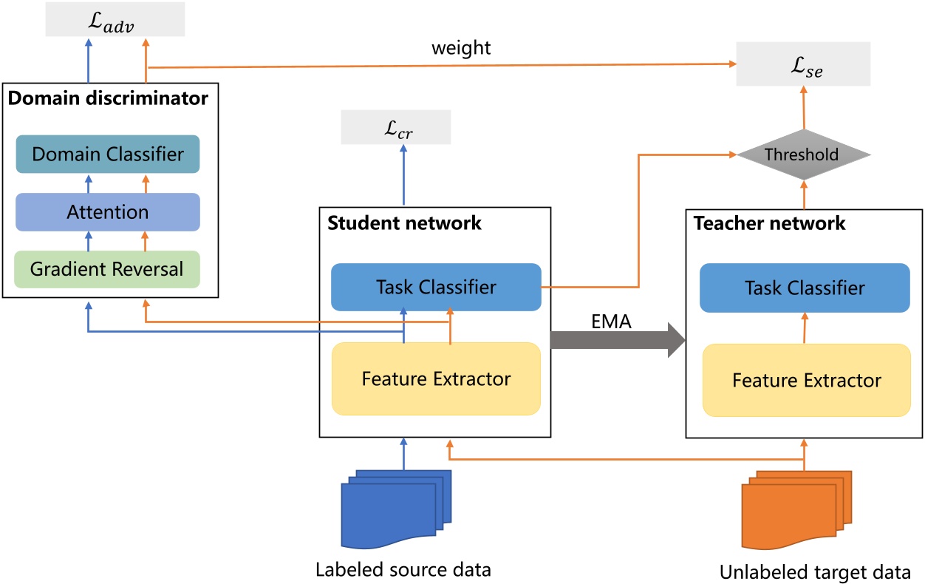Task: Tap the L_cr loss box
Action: pyautogui.click(x=396, y=128)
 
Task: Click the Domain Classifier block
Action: pyautogui.click(x=108, y=154)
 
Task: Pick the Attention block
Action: pyautogui.click(x=108, y=212)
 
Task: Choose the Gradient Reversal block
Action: pyautogui.click(x=108, y=269)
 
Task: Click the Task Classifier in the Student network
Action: pyautogui.click(x=437, y=288)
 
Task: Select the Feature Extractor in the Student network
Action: pyautogui.click(x=437, y=379)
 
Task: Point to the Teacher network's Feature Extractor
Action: pyautogui.click(x=806, y=381)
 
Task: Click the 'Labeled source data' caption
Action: pyautogui.click(x=403, y=570)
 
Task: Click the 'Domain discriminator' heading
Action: pyautogui.click(x=109, y=97)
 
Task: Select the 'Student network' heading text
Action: pyautogui.click(x=404, y=223)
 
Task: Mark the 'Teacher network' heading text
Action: pyautogui.click(x=770, y=223)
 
